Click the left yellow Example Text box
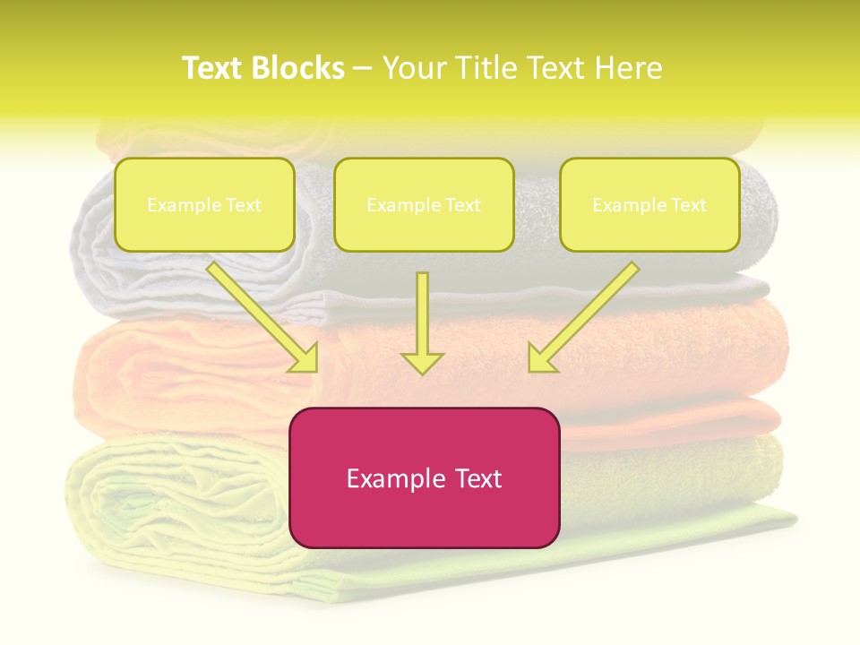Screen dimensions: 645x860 [x=204, y=204]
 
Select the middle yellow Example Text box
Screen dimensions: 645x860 [x=424, y=204]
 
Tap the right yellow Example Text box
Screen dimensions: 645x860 [x=649, y=204]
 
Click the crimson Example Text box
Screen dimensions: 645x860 [x=424, y=477]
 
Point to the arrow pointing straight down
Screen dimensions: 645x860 [x=422, y=322]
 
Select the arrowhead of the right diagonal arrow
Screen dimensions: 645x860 [x=540, y=360]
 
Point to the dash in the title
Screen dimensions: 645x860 [x=363, y=68]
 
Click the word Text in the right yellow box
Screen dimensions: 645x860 [x=688, y=205]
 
